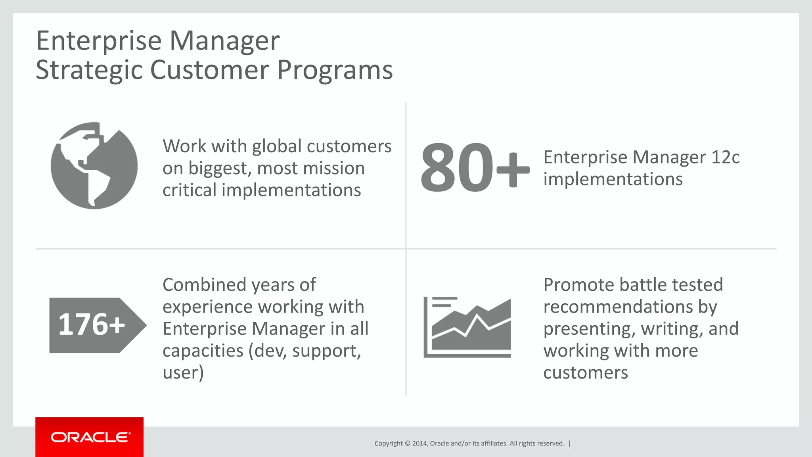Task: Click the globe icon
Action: (x=94, y=165)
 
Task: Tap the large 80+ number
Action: (x=474, y=168)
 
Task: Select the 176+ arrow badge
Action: (x=95, y=325)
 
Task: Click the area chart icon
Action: (x=467, y=327)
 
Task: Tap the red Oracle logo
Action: (x=90, y=437)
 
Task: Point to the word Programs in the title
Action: (x=335, y=70)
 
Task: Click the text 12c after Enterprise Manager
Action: (x=725, y=157)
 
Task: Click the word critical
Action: (x=189, y=190)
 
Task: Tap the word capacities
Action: (x=203, y=351)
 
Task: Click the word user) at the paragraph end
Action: (x=183, y=373)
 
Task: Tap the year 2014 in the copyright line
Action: (x=419, y=444)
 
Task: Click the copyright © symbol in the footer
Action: (x=407, y=444)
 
